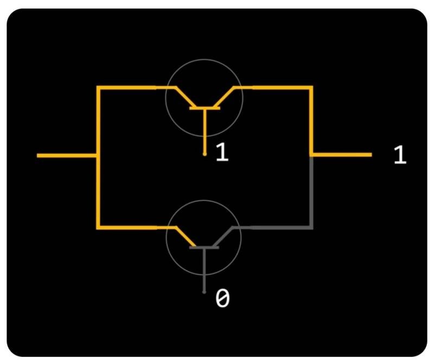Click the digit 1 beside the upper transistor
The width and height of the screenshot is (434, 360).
pyautogui.click(x=222, y=153)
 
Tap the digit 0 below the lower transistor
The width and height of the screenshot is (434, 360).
pyautogui.click(x=222, y=299)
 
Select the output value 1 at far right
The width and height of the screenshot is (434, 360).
pyautogui.click(x=399, y=155)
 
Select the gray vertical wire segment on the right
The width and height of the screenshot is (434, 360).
pyautogui.click(x=311, y=190)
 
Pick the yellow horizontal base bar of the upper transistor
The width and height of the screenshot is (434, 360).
pyautogui.click(x=205, y=108)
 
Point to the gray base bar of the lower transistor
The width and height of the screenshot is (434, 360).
pyautogui.click(x=205, y=248)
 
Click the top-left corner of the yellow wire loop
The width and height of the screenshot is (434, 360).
pyautogui.click(x=98, y=87)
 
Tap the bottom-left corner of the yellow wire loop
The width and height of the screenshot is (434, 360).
pyautogui.click(x=98, y=227)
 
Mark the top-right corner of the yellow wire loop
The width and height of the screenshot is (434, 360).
pyautogui.click(x=311, y=87)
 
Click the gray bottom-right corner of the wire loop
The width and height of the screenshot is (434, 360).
pyautogui.click(x=311, y=227)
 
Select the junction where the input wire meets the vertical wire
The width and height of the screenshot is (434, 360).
pyautogui.click(x=98, y=156)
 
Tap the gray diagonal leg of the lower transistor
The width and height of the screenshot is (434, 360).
pyautogui.click(x=224, y=237)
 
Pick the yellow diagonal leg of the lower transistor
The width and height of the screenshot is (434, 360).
pyautogui.click(x=185, y=237)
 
